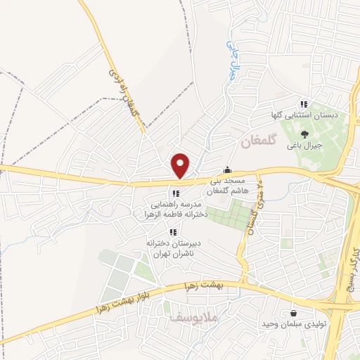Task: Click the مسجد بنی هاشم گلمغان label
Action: (226, 186)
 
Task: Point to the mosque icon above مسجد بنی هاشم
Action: (227, 170)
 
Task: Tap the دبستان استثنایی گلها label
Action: (305, 113)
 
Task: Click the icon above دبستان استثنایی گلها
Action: (304, 103)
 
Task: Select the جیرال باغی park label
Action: (304, 147)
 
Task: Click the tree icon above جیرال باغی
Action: (304, 134)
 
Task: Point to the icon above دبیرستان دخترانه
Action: (172, 232)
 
